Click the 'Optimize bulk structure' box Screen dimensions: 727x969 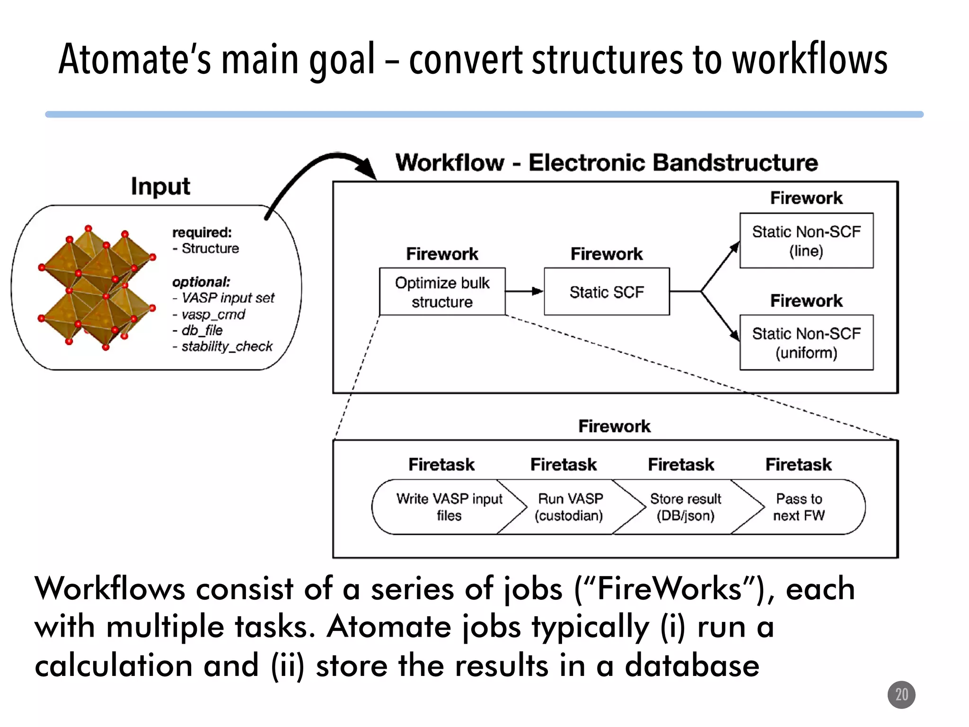442,292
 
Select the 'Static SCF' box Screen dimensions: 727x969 607,292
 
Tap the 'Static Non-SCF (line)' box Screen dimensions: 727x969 806,240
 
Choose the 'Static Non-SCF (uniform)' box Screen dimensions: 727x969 806,342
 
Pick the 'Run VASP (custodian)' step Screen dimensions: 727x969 570,507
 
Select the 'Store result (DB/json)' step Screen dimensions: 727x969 685,507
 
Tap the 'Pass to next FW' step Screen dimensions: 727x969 800,507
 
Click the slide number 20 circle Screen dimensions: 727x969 901,695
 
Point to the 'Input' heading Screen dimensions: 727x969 160,186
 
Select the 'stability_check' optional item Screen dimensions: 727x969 227,346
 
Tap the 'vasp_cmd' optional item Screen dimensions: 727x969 213,314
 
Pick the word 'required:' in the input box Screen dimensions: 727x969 202,232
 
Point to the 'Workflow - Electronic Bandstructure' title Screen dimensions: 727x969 607,163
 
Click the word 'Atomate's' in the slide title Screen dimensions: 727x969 135,60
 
